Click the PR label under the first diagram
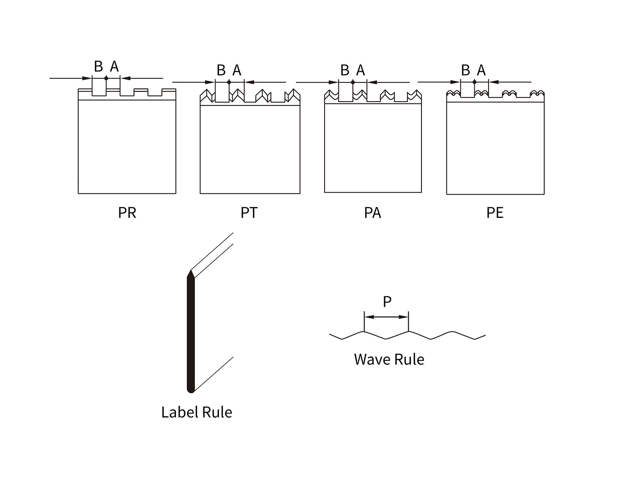click(x=127, y=213)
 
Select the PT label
click(x=249, y=213)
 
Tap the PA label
click(x=372, y=213)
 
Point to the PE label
click(x=495, y=213)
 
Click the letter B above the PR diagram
click(x=98, y=66)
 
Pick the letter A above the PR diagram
click(x=114, y=66)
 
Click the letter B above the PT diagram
click(x=221, y=70)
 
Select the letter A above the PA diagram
click(x=361, y=70)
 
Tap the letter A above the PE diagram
click(x=481, y=70)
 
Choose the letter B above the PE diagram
click(x=465, y=70)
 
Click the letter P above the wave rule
click(x=387, y=302)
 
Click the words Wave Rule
click(x=389, y=359)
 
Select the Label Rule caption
click(x=197, y=412)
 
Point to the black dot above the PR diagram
click(x=106, y=78)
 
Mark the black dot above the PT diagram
click(x=229, y=82)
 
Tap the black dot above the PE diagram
click(x=474, y=82)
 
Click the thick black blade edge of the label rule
click(x=191, y=335)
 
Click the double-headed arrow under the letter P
click(x=386, y=317)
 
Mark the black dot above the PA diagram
click(x=353, y=82)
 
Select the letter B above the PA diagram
click(x=345, y=70)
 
